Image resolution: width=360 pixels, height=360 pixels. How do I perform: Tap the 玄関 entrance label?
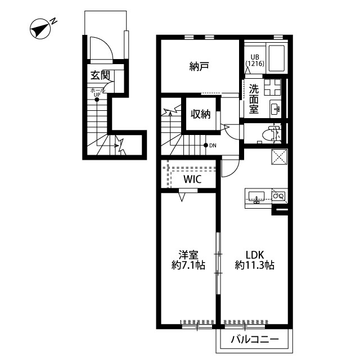[100, 75]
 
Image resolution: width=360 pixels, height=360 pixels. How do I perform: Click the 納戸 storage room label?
[199, 66]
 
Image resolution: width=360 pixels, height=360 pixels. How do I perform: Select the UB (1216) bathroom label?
[255, 61]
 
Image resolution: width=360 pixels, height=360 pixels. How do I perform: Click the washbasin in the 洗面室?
[275, 109]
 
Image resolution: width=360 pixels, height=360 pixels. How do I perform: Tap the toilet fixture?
[270, 134]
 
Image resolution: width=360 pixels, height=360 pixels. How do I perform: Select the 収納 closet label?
[201, 114]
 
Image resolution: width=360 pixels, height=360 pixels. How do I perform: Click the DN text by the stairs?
[213, 146]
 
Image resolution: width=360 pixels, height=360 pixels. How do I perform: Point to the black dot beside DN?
[206, 145]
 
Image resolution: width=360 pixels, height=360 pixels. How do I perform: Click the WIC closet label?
[192, 179]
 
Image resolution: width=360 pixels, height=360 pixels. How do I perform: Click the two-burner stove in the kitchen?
[279, 196]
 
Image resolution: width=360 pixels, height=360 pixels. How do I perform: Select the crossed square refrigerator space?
[279, 157]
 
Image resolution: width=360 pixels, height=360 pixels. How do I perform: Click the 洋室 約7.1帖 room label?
[188, 260]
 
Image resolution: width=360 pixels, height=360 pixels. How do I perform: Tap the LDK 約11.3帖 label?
[255, 260]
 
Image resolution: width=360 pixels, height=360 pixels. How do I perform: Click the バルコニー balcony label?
[255, 339]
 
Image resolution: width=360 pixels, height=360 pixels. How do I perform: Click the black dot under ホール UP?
[97, 100]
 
